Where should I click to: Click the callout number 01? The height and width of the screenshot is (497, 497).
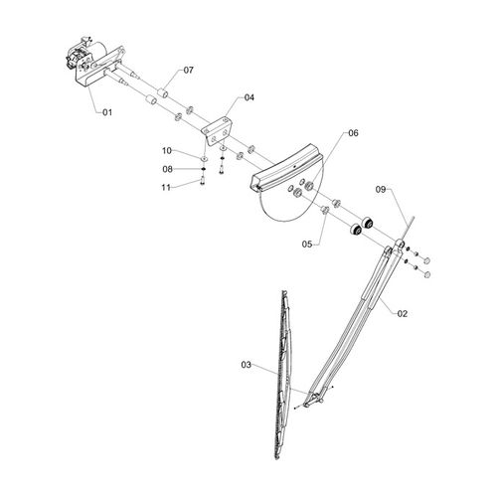[x=107, y=112]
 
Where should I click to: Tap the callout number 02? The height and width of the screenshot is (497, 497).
[x=403, y=313]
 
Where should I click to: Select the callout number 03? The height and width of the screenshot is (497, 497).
[x=247, y=365]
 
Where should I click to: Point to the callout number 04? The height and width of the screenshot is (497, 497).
[x=249, y=97]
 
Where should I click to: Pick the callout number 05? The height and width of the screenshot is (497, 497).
[x=307, y=245]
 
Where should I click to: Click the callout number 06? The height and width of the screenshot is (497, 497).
[x=353, y=133]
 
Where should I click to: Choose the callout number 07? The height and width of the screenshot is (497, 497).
[x=188, y=71]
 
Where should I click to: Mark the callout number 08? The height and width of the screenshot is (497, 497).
[x=168, y=169]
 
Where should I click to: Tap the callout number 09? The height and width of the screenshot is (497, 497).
[x=381, y=190]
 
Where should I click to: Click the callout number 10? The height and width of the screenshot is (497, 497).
[x=167, y=151]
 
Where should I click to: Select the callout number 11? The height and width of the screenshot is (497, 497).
[x=166, y=188]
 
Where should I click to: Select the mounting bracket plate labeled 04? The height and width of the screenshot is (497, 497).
[x=216, y=131]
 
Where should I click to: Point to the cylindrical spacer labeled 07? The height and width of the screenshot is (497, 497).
[x=163, y=93]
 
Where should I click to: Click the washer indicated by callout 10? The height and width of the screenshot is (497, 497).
[x=205, y=158]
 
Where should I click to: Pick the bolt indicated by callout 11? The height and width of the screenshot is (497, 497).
[x=203, y=181]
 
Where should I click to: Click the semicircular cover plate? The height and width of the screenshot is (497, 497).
[x=286, y=192]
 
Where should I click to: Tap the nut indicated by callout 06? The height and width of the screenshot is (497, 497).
[x=309, y=186]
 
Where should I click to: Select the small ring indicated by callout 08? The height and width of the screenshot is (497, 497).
[x=204, y=170]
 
